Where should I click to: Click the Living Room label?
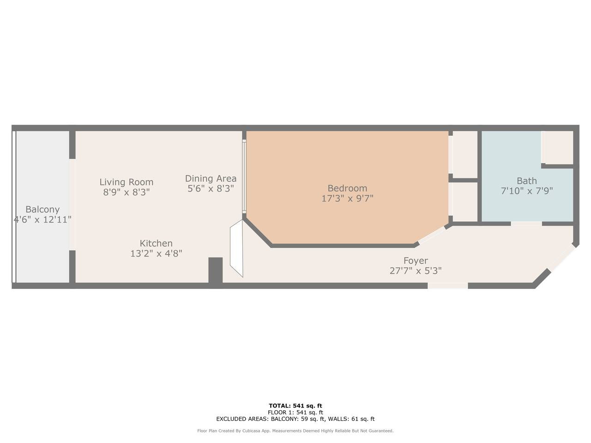(x=126, y=182)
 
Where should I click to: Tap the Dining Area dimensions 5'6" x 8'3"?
(x=211, y=189)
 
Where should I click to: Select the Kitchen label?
(x=156, y=243)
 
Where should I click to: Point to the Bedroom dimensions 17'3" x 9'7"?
(x=347, y=198)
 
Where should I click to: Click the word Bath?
(x=527, y=181)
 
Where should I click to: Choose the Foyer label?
(x=416, y=260)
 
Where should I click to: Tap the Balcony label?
(x=42, y=209)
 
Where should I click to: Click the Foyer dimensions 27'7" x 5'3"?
(x=416, y=270)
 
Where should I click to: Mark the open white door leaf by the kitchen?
(x=237, y=248)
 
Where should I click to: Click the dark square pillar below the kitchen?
(x=216, y=270)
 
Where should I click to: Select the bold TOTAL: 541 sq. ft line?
(x=295, y=406)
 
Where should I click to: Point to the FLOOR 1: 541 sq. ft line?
(x=295, y=413)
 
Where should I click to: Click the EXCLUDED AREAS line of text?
(x=295, y=419)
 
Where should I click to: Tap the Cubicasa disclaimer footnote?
(x=295, y=431)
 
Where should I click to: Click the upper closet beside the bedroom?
(x=465, y=155)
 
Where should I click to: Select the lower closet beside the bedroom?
(x=465, y=202)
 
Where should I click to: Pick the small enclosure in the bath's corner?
(x=557, y=147)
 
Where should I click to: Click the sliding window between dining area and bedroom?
(x=244, y=176)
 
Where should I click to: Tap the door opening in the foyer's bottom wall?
(x=447, y=286)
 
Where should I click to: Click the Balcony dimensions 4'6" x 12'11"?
(x=42, y=220)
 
